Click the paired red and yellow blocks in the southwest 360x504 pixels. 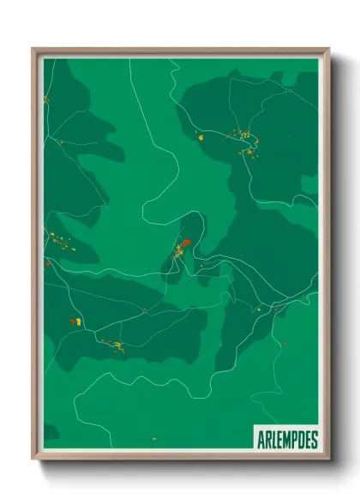(76, 322)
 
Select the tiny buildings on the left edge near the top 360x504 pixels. (46, 100)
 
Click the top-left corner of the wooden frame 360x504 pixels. (33, 50)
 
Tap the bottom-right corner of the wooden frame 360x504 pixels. (329, 461)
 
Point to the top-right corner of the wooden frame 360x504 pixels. (329, 50)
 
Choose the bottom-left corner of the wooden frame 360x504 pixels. (33, 461)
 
